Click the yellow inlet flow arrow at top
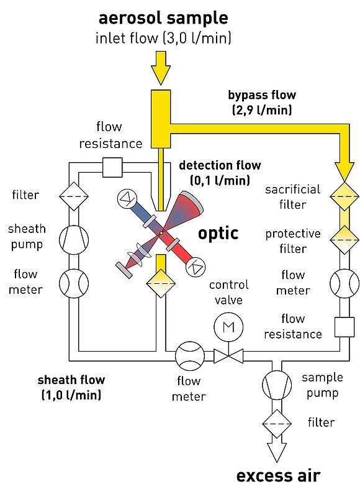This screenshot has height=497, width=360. pos(161,68)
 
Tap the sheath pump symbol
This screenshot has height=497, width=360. pos(73,240)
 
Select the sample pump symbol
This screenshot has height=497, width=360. pos(277,385)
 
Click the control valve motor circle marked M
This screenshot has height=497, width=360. pos(228,327)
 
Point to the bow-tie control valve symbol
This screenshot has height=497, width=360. pos(228,355)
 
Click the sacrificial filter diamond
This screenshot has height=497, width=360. pos(344,196)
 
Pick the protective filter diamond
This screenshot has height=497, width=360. pos(344,240)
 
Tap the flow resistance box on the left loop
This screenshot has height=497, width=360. pos(112,167)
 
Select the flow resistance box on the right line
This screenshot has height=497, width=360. pos(344,327)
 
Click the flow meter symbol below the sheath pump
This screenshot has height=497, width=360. pos(73,283)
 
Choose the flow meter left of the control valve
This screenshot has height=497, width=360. pos(190,355)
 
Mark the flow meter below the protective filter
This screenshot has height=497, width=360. pos(344,283)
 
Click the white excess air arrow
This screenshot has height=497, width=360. pos(277,450)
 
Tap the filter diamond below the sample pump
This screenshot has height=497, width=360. pos(277,424)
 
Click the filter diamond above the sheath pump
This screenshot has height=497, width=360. pos(73,196)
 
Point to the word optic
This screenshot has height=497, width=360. pos(218,234)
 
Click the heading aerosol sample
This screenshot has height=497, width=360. pos(163,19)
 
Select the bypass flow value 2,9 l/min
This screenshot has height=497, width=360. pos(262,110)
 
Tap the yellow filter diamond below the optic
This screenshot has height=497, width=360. pos(161,283)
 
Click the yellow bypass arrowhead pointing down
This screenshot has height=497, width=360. pos(344,171)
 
